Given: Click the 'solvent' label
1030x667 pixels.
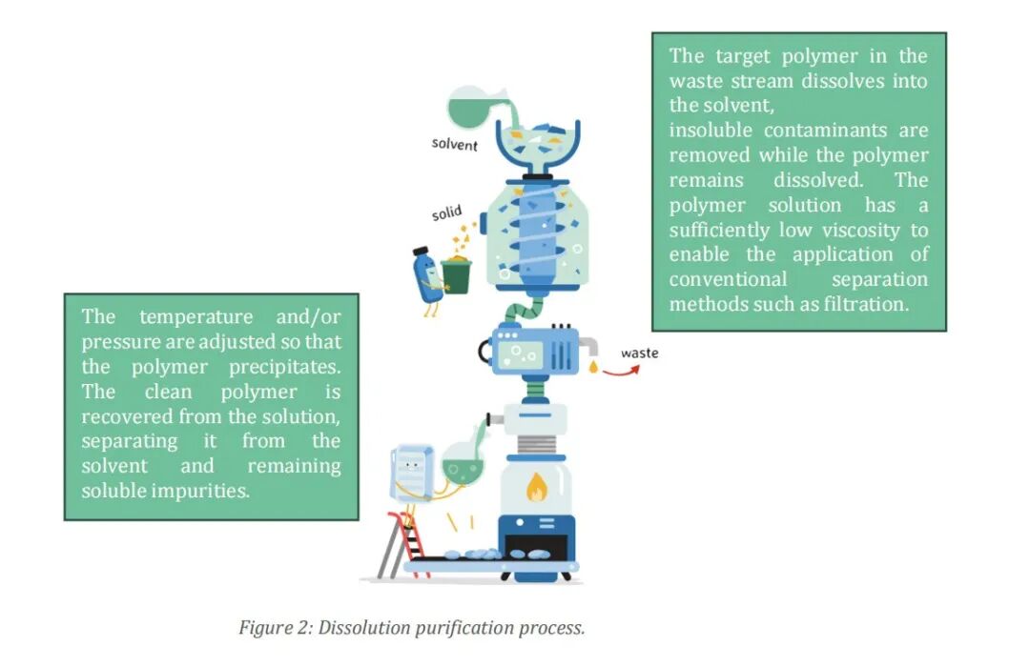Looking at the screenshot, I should tap(454, 144).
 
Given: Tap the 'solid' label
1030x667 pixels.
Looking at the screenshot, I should tap(446, 212).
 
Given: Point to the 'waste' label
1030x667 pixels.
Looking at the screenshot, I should tap(639, 353).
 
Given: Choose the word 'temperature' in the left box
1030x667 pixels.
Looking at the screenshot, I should tap(196, 316).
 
